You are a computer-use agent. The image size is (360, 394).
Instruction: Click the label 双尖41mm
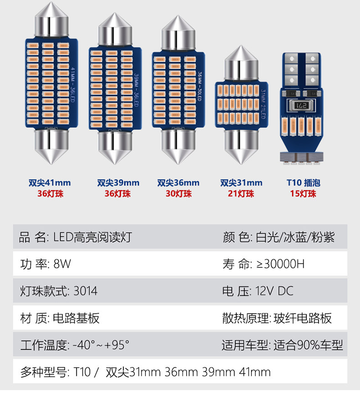pos(49,183)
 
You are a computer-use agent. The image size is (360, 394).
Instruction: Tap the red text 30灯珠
pos(178,194)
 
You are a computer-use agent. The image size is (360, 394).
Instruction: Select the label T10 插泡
pos(303,183)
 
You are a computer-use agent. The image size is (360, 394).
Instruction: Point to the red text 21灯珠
pos(241,194)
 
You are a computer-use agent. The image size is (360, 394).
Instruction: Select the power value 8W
pos(62,264)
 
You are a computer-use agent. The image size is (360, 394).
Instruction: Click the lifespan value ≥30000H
pos(277,264)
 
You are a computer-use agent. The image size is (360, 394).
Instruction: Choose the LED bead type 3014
pos(85,291)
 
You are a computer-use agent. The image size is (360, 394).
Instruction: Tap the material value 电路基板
pos(76,318)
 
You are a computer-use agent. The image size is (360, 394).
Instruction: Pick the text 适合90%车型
pos(308,345)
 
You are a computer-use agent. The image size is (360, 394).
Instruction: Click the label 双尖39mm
pos(118,183)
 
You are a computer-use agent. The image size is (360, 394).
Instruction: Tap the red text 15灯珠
pos(303,194)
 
